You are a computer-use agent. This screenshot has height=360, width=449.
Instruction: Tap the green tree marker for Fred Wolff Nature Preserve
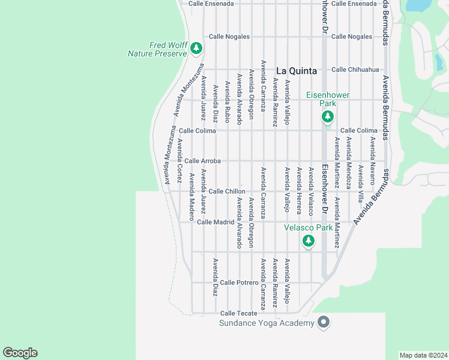click(196, 48)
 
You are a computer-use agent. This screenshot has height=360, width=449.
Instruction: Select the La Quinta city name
click(297, 70)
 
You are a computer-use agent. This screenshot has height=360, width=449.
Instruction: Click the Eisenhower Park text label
click(327, 99)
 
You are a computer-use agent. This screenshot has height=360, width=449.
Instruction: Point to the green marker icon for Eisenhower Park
click(327, 116)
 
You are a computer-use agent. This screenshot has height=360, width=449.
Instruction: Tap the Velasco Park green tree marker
click(308, 241)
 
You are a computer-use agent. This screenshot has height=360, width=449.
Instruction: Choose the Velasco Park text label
click(308, 227)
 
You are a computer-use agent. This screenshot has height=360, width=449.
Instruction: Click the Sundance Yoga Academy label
click(267, 324)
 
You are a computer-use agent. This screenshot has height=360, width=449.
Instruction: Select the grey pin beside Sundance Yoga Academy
click(324, 323)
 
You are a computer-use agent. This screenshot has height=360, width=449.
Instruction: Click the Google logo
click(20, 353)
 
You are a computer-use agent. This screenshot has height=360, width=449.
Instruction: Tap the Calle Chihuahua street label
click(355, 70)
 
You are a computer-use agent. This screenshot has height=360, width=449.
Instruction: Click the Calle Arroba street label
click(203, 161)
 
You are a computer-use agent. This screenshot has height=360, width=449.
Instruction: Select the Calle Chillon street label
click(227, 191)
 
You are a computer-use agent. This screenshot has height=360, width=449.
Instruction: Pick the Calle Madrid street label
click(215, 222)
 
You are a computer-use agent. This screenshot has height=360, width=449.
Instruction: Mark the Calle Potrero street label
click(239, 282)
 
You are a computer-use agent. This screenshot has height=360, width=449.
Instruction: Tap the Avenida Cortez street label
click(179, 153)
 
